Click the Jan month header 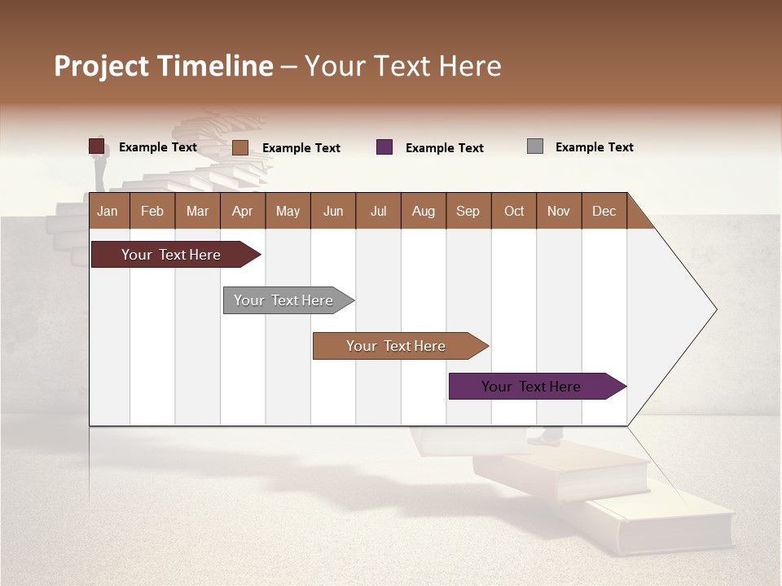click(x=108, y=211)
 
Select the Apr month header click(x=242, y=211)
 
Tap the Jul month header click(x=378, y=211)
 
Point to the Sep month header click(x=468, y=211)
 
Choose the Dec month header click(x=604, y=211)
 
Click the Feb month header click(x=152, y=211)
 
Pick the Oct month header click(x=514, y=211)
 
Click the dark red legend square click(x=97, y=146)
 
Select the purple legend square click(x=384, y=146)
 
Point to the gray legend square click(x=535, y=146)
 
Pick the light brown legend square click(x=240, y=147)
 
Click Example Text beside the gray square click(x=594, y=147)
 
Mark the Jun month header click(x=333, y=211)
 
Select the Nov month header click(x=559, y=211)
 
